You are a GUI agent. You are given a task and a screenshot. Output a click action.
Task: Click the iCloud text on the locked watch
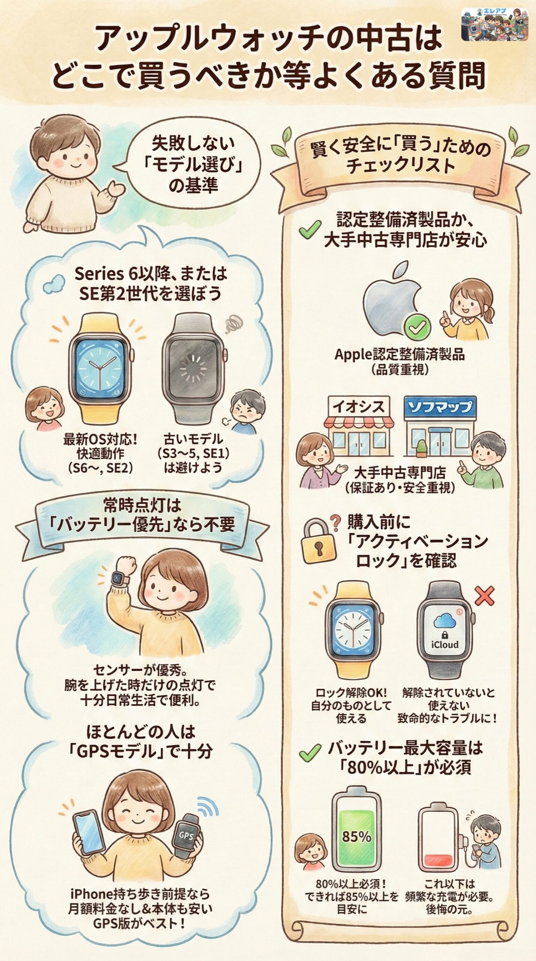point(444,644)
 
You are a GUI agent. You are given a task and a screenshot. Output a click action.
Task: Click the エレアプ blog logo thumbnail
point(494,24)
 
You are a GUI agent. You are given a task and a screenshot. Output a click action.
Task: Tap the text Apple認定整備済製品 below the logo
point(399,354)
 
